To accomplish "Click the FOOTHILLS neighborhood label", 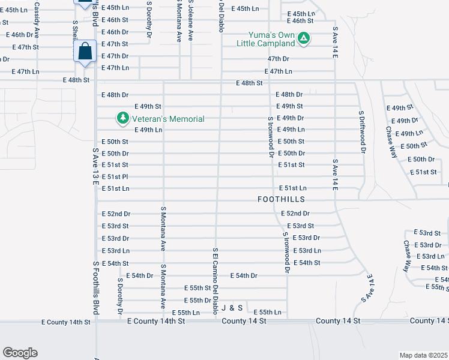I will [281, 199].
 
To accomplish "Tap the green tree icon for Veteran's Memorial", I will [122, 118].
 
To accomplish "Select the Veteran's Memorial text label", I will [169, 119].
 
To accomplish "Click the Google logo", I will [20, 353].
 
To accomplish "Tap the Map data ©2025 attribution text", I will [423, 355].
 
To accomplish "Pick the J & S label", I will [232, 308].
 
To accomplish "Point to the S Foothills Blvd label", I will [95, 288].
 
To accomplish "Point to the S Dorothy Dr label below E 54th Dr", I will [120, 296].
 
